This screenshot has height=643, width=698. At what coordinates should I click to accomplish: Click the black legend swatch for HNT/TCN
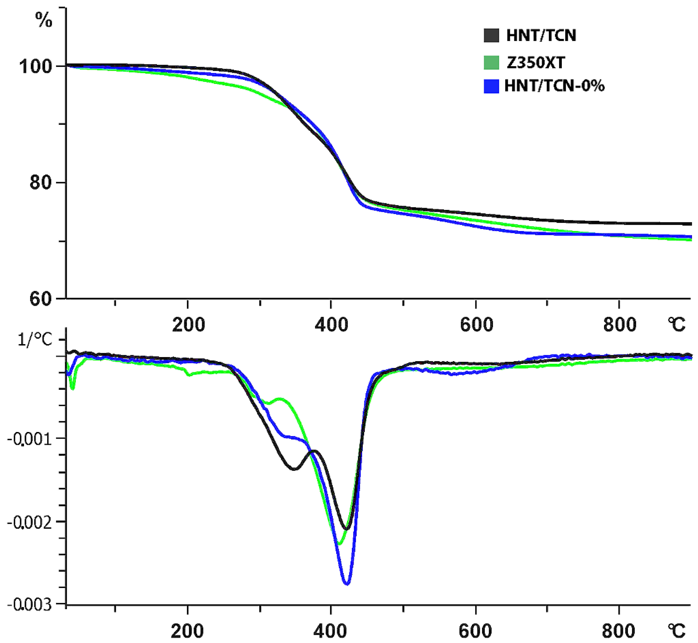tap(491, 35)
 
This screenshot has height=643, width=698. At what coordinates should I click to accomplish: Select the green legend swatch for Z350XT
tap(491, 63)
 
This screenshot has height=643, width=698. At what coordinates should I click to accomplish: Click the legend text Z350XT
tap(536, 63)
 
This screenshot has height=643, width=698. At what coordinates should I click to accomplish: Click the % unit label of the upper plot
tap(43, 21)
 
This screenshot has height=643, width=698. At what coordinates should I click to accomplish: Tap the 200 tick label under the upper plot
tap(188, 325)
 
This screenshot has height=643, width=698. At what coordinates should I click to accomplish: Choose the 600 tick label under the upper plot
tap(477, 325)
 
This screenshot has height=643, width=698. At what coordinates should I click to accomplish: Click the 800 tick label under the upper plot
tap(620, 325)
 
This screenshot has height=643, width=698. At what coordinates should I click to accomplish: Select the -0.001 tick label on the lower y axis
tap(29, 439)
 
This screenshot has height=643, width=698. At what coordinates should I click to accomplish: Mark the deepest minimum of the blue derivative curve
tap(347, 584)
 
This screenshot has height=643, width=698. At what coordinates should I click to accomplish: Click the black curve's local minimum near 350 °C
tap(294, 469)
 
